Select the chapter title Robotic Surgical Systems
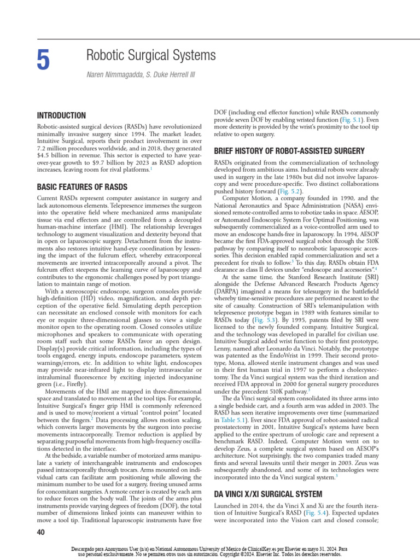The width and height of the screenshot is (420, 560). point(151,55)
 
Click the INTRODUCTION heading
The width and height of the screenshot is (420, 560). point(61,116)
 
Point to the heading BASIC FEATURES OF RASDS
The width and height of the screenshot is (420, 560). point(81,187)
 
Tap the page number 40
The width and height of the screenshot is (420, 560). point(41,533)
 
